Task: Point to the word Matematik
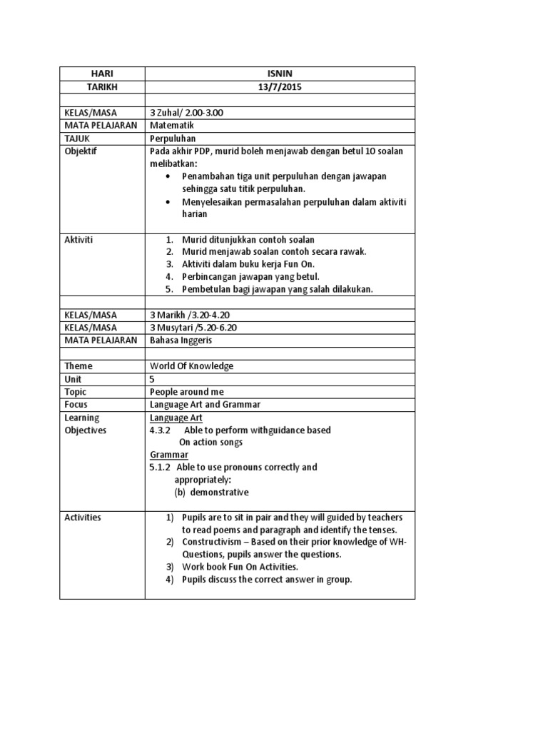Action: click(x=172, y=126)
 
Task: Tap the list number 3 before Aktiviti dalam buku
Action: click(x=169, y=264)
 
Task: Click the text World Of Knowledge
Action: click(x=191, y=366)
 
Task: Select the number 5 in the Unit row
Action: click(x=152, y=379)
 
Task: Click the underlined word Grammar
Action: click(x=169, y=455)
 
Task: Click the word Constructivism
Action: click(x=214, y=542)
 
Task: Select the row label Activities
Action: click(x=83, y=518)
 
